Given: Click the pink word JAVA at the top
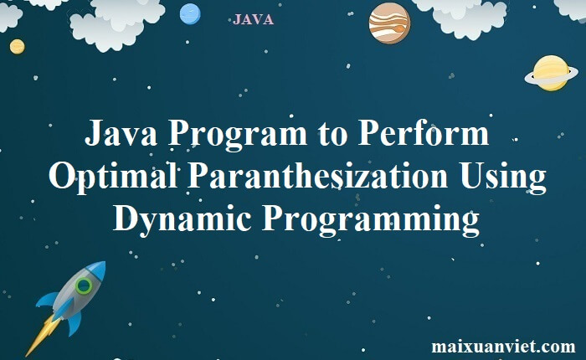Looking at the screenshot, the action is click(x=253, y=19).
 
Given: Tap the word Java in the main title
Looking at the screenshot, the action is click(x=121, y=133).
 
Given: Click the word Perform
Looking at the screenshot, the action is click(x=423, y=133).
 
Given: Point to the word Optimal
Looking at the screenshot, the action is click(x=113, y=177).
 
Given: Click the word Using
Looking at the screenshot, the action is click(x=503, y=177).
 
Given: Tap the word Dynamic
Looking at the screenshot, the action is click(x=182, y=220).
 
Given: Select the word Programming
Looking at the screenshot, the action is click(x=371, y=220).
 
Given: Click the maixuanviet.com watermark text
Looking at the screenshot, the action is click(x=503, y=346).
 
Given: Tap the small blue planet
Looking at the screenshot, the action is click(x=190, y=14).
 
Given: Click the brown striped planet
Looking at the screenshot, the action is click(x=389, y=23).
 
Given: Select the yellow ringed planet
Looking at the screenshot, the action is click(x=551, y=74).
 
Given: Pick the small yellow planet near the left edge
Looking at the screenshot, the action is click(x=18, y=47).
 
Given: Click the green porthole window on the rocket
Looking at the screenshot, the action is click(x=84, y=286).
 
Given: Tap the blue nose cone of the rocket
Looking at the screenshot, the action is click(x=96, y=268).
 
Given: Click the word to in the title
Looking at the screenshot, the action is click(x=332, y=136).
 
